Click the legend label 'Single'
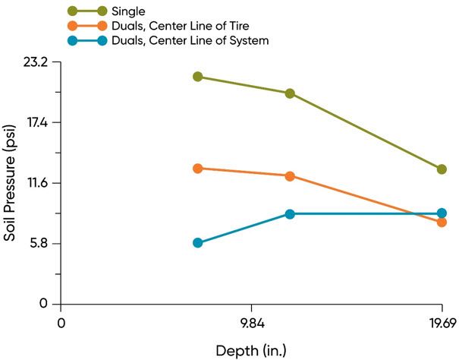click(129, 11)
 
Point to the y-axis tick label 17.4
click(35, 122)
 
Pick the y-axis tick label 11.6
click(36, 183)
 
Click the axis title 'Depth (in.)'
click(251, 350)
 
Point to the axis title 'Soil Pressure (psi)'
click(10, 183)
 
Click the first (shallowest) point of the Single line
click(197, 77)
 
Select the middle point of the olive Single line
click(290, 93)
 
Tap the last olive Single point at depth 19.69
click(442, 169)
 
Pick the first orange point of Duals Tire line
click(197, 168)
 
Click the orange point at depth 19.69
click(442, 222)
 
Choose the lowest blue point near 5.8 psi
click(197, 243)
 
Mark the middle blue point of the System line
click(290, 213)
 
